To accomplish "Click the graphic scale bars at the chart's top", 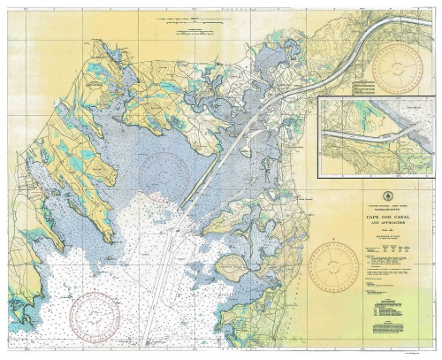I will click(191, 19).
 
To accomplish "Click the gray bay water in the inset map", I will click(402, 115).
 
